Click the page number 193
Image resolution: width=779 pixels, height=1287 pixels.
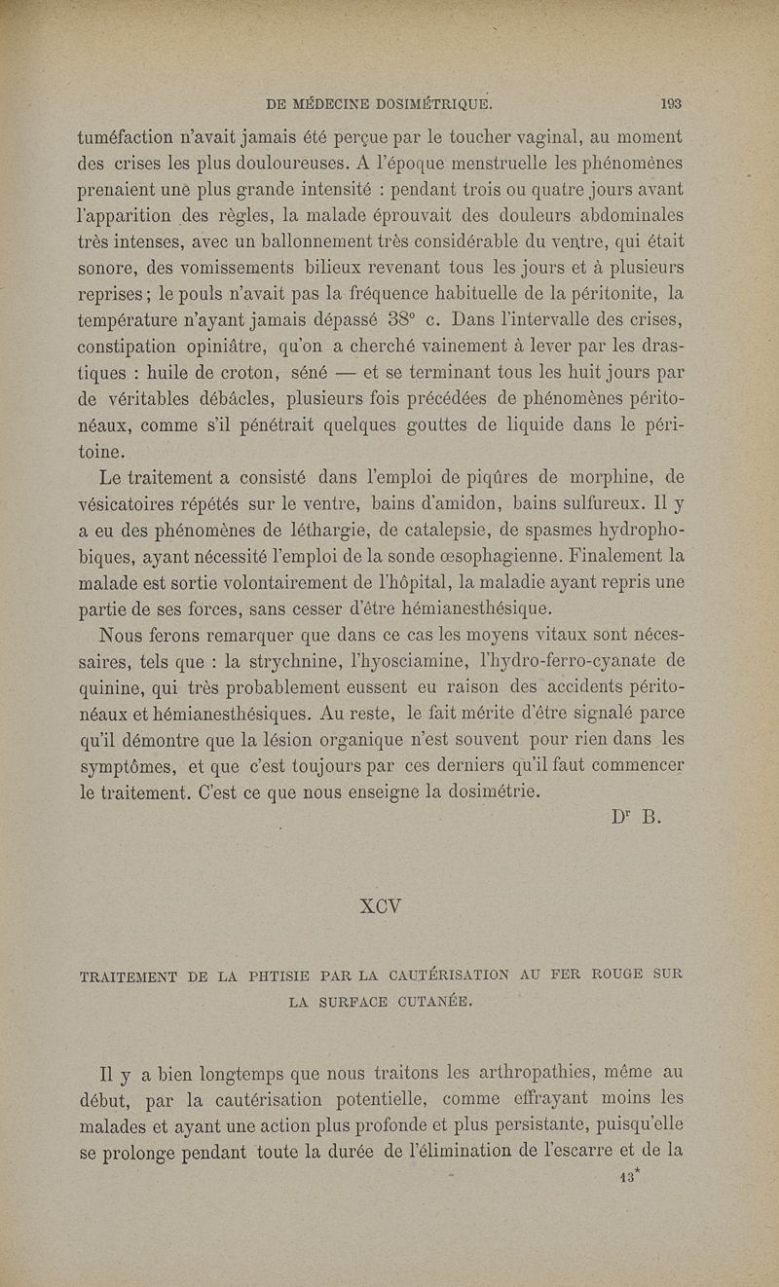668,102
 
